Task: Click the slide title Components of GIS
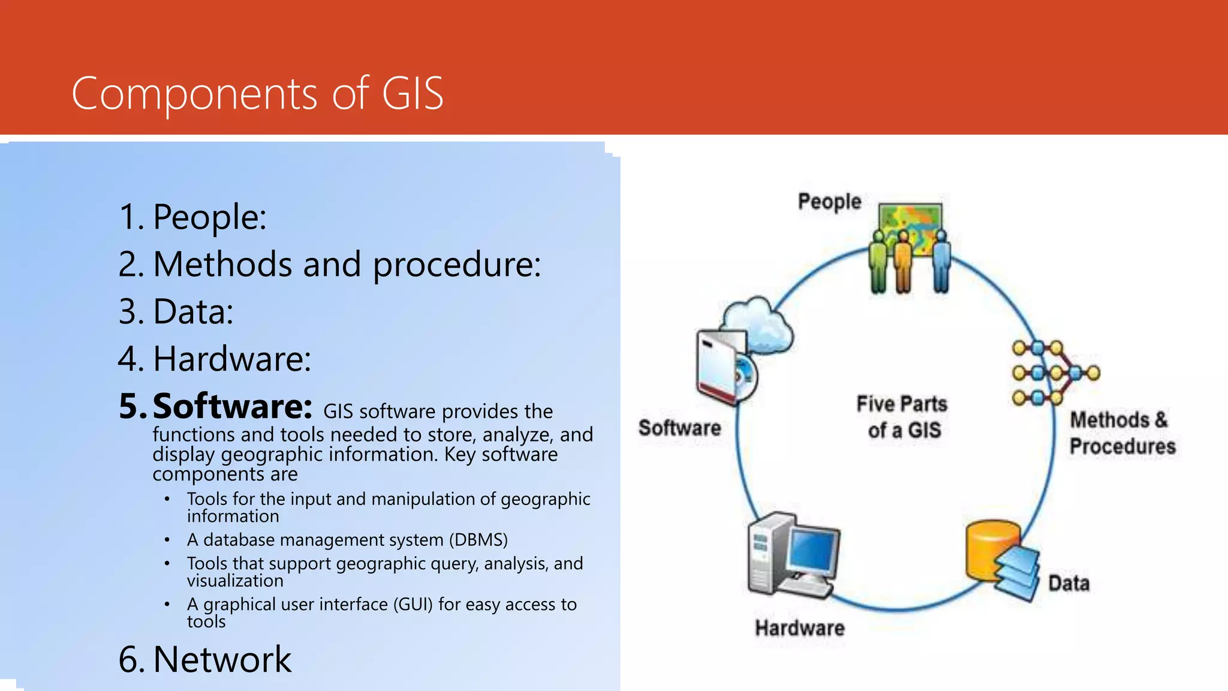(x=257, y=94)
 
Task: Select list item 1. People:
(x=192, y=217)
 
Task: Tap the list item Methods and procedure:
(x=347, y=265)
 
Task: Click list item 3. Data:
(x=176, y=311)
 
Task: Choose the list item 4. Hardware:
(x=215, y=359)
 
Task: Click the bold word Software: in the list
(x=232, y=406)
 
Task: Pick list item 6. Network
(x=205, y=659)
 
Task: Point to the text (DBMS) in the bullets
(x=478, y=540)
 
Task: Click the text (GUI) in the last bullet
(x=413, y=604)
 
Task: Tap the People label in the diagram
(x=829, y=202)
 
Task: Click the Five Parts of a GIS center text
(x=902, y=417)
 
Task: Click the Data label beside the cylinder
(x=1069, y=583)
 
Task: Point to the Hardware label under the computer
(x=799, y=628)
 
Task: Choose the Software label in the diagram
(x=679, y=428)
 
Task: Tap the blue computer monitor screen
(x=813, y=551)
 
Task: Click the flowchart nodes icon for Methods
(x=1054, y=372)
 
